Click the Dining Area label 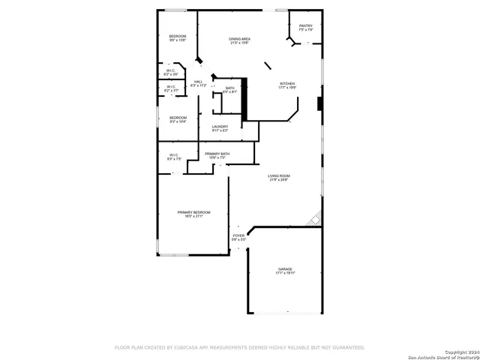coord(239,40)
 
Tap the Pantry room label coord(305,28)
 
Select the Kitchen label coord(287,85)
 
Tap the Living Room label coord(279,178)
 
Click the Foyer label coord(238,238)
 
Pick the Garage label coord(285,271)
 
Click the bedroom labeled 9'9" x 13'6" coord(177,38)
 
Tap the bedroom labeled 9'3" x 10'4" coord(178,119)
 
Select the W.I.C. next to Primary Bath coord(174,157)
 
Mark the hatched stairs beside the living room coord(316,219)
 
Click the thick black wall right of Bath coord(244,94)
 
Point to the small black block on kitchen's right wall coord(320,104)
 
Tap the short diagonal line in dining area coord(268,66)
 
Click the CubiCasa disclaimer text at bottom coord(239,348)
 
